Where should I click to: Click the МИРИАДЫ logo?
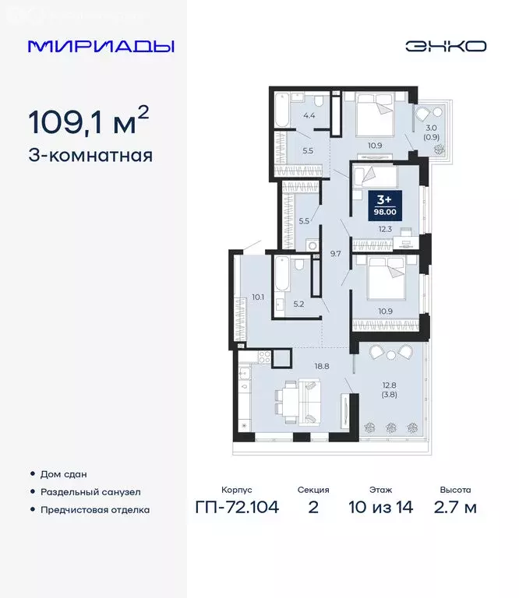pos(101,46)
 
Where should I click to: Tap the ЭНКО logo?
pos(446,46)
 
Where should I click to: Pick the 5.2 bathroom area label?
pos(298,304)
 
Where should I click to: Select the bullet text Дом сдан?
pos(65,473)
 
